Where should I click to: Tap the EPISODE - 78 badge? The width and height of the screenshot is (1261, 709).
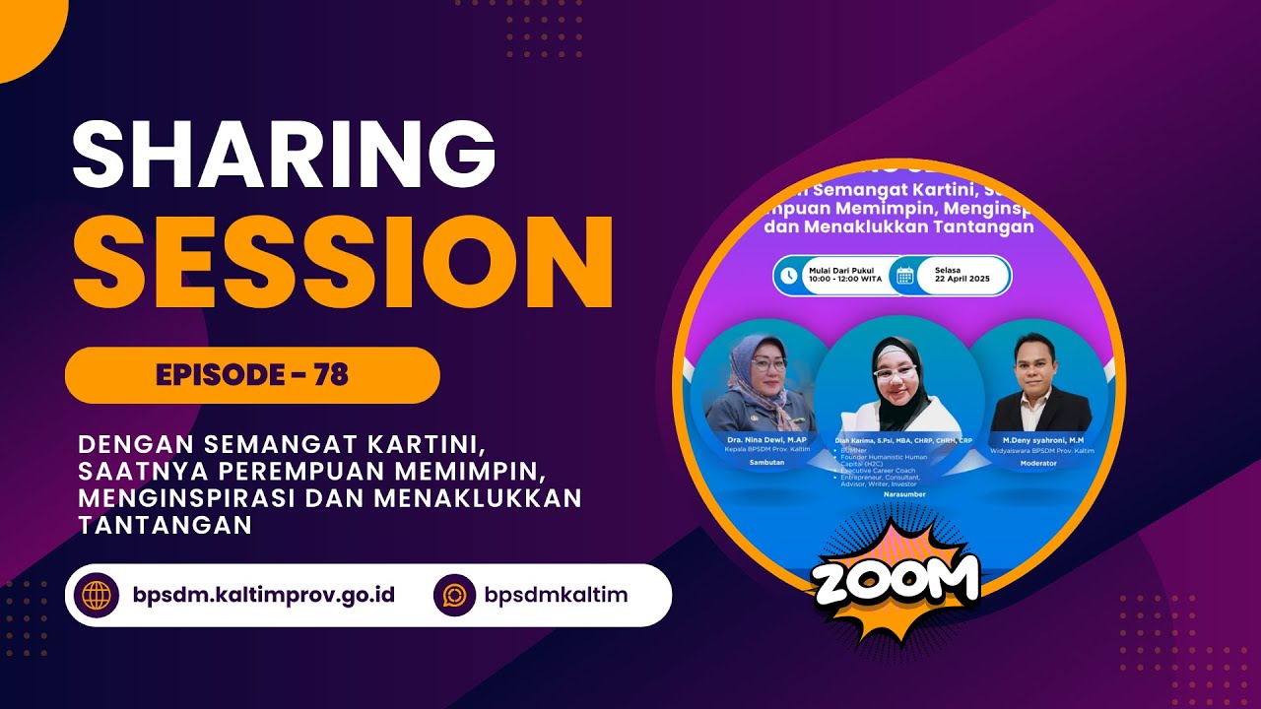(252, 375)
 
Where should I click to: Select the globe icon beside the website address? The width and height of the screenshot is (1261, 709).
(98, 595)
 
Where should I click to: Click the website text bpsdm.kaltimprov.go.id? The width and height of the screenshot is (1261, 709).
(256, 595)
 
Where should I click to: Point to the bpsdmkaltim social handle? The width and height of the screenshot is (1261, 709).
(556, 595)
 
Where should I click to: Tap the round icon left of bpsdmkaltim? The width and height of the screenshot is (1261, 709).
(455, 595)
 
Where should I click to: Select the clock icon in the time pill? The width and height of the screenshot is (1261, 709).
(789, 276)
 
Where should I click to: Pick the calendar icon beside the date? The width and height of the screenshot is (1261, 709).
(903, 276)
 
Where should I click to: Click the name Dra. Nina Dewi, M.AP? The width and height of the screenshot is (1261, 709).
(754, 439)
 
